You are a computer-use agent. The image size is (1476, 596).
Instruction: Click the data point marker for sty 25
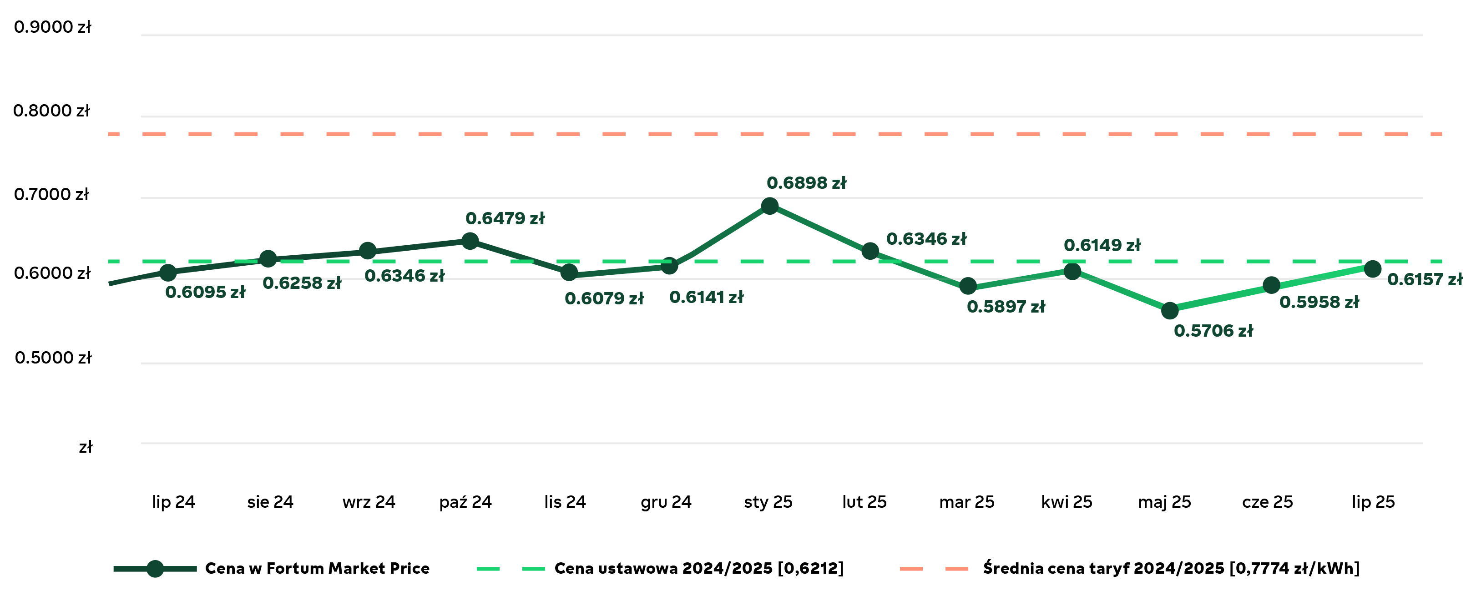pos(769,206)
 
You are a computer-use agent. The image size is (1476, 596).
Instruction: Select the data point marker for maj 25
pos(1169,311)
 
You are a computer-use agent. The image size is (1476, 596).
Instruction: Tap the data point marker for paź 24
pos(470,241)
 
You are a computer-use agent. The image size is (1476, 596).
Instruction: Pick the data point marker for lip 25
pos(1372,268)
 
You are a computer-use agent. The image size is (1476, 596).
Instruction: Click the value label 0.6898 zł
pos(806,183)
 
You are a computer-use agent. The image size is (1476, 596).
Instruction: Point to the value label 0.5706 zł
pos(1213,331)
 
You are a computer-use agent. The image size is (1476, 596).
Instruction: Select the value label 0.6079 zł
pos(604,298)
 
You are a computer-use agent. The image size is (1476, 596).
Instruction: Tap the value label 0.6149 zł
pos(1102,245)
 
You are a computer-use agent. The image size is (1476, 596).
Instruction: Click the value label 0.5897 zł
pos(1006,307)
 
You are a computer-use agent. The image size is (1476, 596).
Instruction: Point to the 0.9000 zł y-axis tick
pos(52,27)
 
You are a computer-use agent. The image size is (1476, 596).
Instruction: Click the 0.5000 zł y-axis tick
pos(53,358)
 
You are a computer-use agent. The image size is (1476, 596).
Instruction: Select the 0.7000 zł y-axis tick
pos(51,194)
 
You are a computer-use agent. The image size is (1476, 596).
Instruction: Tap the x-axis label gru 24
pos(666,502)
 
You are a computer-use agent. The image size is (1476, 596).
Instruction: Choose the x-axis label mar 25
pos(966,502)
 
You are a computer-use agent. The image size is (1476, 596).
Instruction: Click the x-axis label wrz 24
pos(369,502)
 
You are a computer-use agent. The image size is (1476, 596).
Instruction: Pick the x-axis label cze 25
pos(1268,502)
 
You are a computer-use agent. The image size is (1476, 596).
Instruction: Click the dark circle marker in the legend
pos(155,569)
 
